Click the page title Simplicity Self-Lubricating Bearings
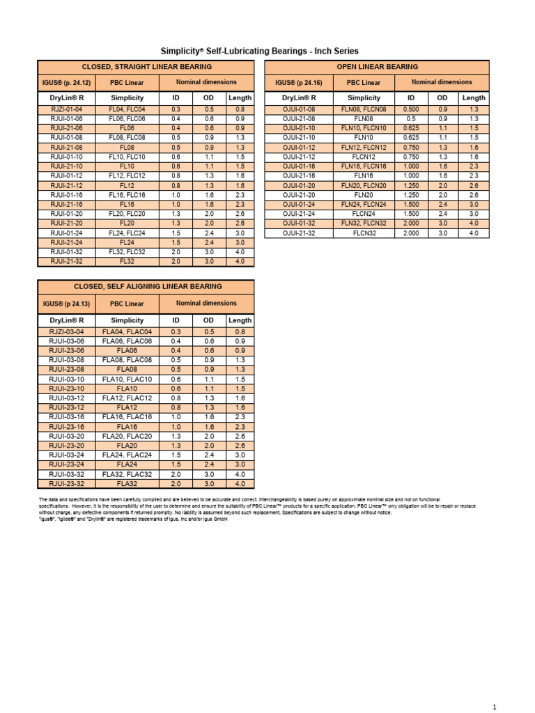259,51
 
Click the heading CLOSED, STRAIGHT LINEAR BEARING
146,67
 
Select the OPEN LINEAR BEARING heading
378,67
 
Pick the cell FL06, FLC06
127,119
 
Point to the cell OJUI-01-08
300,110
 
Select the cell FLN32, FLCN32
364,224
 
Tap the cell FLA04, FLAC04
127,332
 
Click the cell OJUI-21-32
300,233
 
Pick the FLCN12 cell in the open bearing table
364,157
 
